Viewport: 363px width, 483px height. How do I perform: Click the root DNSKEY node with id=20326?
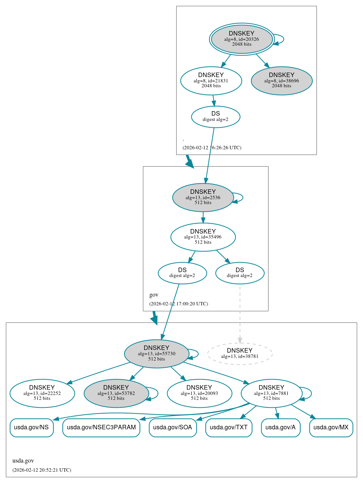pos(242,39)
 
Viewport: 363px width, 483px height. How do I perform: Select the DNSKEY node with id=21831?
pos(211,80)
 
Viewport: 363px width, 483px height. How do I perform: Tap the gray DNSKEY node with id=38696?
pos(281,80)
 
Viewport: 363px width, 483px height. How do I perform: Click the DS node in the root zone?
pos(216,117)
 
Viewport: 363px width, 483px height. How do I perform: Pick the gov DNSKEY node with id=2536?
pos(203,197)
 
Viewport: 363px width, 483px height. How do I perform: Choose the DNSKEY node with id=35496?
pos(203,237)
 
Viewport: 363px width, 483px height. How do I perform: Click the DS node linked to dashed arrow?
pos(240,273)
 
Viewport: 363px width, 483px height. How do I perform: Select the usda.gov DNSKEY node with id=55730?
pos(157,354)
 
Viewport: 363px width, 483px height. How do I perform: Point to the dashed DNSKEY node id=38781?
pos(240,354)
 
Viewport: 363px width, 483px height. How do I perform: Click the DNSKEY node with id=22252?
pos(42,393)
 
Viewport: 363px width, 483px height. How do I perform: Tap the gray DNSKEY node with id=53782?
pos(116,393)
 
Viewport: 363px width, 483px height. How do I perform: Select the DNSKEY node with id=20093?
pos(199,393)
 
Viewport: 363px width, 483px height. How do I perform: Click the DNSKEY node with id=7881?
pos(271,393)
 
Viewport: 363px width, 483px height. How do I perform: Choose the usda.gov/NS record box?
pos(31,427)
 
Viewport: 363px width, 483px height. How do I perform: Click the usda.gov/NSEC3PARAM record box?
pos(101,427)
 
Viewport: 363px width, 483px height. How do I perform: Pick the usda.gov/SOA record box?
pos(172,427)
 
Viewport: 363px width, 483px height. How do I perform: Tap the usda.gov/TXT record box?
pos(229,427)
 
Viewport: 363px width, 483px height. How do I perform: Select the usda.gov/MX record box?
pos(331,427)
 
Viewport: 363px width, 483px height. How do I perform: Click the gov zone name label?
pos(154,295)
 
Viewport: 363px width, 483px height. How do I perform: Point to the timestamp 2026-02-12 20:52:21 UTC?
pos(42,470)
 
